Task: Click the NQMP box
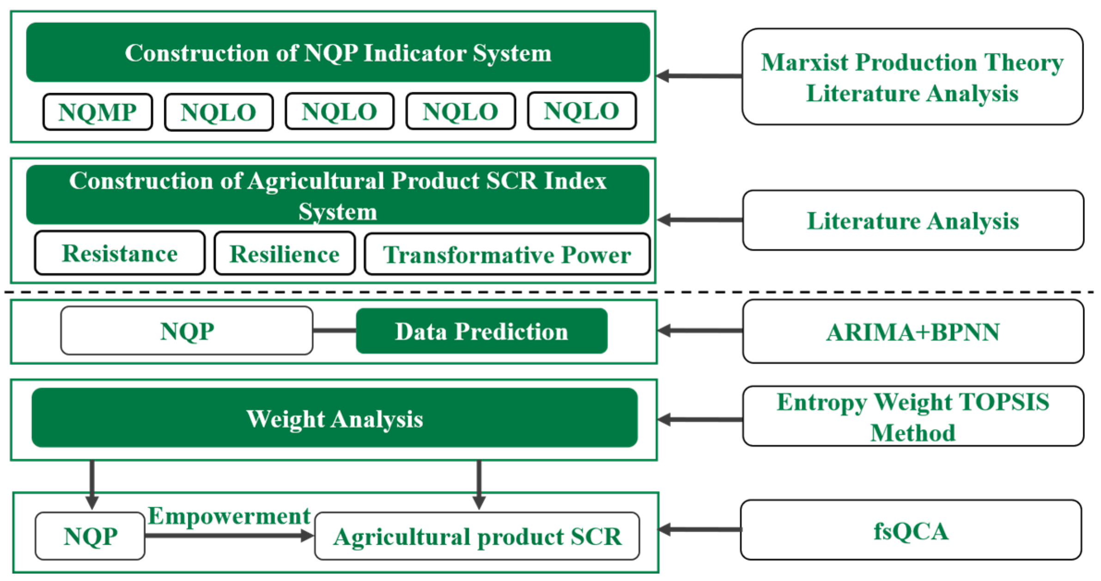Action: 97,112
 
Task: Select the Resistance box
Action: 120,254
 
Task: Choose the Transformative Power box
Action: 507,255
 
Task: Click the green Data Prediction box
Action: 481,331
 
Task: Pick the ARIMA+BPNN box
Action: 912,332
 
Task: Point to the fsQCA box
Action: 911,531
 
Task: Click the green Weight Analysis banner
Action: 335,418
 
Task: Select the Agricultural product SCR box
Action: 477,536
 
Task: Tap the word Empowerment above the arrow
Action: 229,515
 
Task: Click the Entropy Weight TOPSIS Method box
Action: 912,417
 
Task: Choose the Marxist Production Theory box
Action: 912,77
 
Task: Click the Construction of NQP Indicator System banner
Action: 338,53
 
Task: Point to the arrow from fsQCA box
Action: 700,530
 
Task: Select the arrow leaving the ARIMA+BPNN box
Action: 700,331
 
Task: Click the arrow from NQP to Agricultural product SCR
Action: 229,536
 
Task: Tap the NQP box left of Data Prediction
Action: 187,331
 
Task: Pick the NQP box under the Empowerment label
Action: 90,536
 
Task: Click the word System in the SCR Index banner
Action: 338,212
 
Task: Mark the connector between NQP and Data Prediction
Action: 335,331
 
